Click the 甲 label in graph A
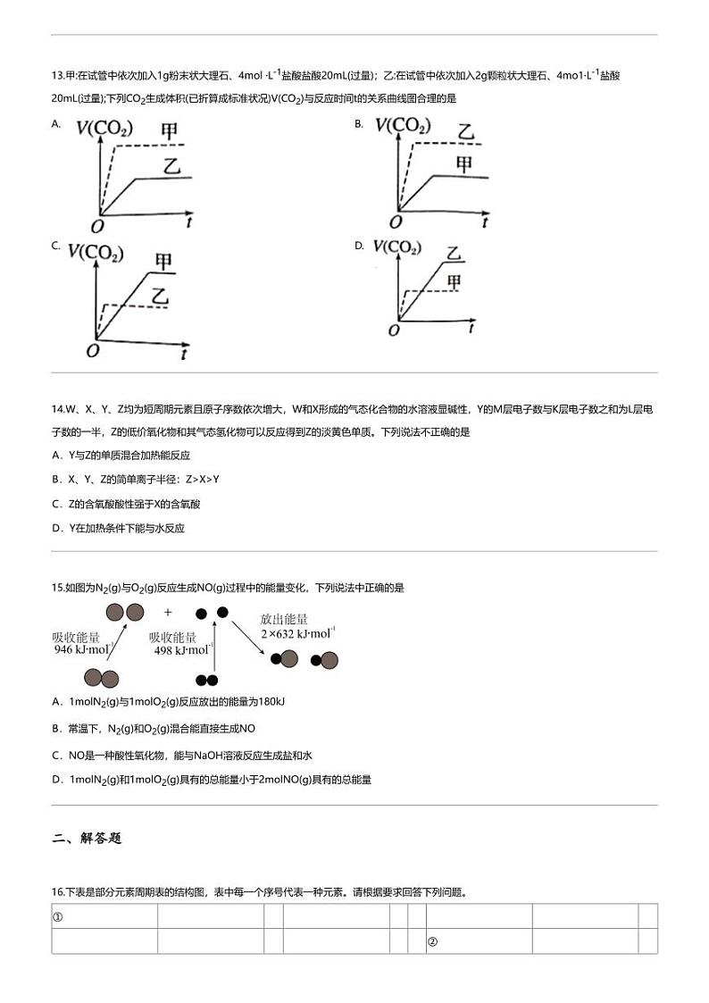click(169, 130)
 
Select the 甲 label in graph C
click(163, 261)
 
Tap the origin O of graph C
click(92, 351)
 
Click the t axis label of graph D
click(471, 330)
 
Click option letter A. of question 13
click(56, 124)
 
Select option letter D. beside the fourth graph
click(359, 246)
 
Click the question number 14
click(59, 408)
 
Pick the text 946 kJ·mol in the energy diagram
click(84, 650)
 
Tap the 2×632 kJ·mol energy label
click(298, 633)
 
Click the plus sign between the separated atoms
click(167, 613)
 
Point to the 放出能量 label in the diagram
click(284, 619)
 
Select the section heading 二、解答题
click(87, 838)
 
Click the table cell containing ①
click(104, 916)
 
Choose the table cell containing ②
click(479, 941)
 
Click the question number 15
click(59, 588)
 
